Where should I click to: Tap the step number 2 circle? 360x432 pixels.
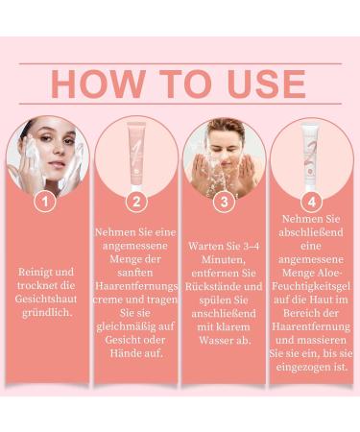tap(136, 203)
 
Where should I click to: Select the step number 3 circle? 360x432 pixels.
tap(224, 203)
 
